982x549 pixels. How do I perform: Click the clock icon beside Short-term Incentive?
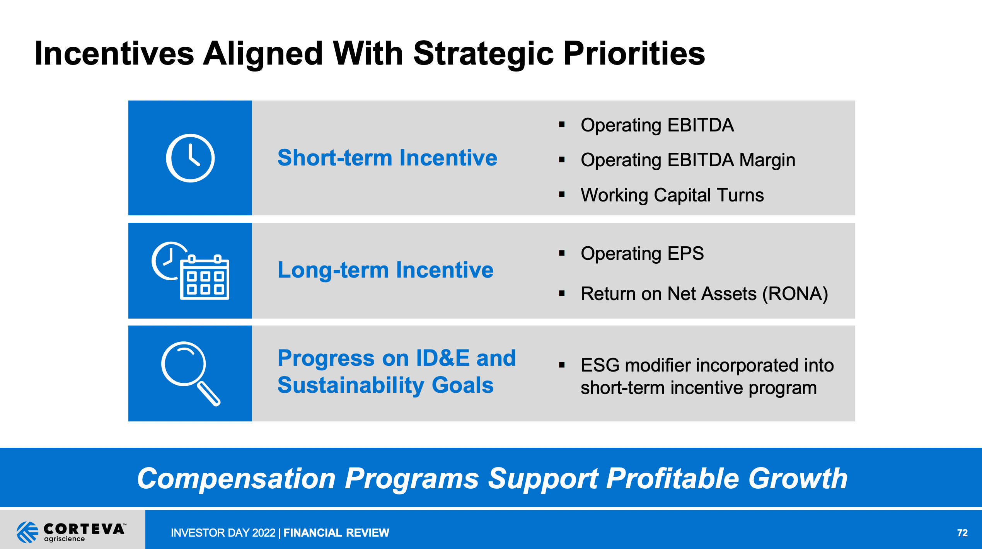[x=190, y=158]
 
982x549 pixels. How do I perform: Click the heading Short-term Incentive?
[x=387, y=158]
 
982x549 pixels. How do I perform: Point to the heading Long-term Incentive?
[x=385, y=270]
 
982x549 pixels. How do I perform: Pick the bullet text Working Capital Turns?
[x=672, y=195]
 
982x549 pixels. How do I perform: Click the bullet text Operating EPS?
[x=642, y=254]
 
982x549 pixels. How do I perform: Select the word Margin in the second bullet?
[x=767, y=160]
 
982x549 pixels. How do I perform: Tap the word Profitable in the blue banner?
[x=673, y=479]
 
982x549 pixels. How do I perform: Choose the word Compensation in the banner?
[x=236, y=479]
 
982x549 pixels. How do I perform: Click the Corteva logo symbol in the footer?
[x=27, y=532]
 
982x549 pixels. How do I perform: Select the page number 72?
[x=962, y=533]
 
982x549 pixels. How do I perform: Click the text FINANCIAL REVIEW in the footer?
[x=336, y=533]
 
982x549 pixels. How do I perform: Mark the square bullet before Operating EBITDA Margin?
[x=562, y=160]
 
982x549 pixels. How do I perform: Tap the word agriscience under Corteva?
[x=64, y=539]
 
